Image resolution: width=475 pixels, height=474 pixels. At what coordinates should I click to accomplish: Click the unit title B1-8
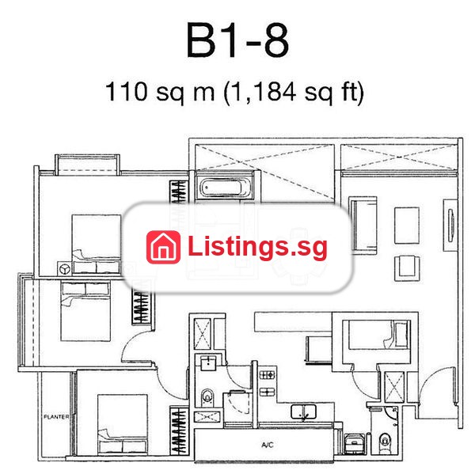(237, 40)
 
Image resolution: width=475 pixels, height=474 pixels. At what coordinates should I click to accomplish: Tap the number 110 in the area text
(126, 92)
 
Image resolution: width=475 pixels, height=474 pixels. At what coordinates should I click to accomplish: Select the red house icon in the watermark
(164, 247)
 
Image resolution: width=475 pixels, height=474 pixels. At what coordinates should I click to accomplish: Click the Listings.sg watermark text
(257, 248)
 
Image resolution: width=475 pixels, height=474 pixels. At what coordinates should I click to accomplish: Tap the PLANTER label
(56, 417)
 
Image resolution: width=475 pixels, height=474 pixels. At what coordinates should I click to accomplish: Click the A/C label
(268, 445)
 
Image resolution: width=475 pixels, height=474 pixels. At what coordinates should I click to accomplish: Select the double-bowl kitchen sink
(303, 412)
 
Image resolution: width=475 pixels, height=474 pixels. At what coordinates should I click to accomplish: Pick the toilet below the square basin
(207, 396)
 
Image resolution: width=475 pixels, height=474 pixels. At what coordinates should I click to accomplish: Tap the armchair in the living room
(407, 268)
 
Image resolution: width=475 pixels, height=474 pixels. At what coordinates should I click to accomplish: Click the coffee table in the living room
(407, 226)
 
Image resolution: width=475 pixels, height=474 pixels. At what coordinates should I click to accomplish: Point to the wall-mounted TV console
(450, 225)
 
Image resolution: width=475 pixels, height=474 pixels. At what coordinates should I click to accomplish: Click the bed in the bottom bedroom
(123, 424)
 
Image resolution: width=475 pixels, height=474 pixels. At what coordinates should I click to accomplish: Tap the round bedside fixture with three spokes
(65, 268)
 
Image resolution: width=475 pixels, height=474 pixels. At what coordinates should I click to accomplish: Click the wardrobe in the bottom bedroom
(179, 430)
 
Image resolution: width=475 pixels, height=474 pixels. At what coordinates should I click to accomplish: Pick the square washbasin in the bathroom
(208, 363)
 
